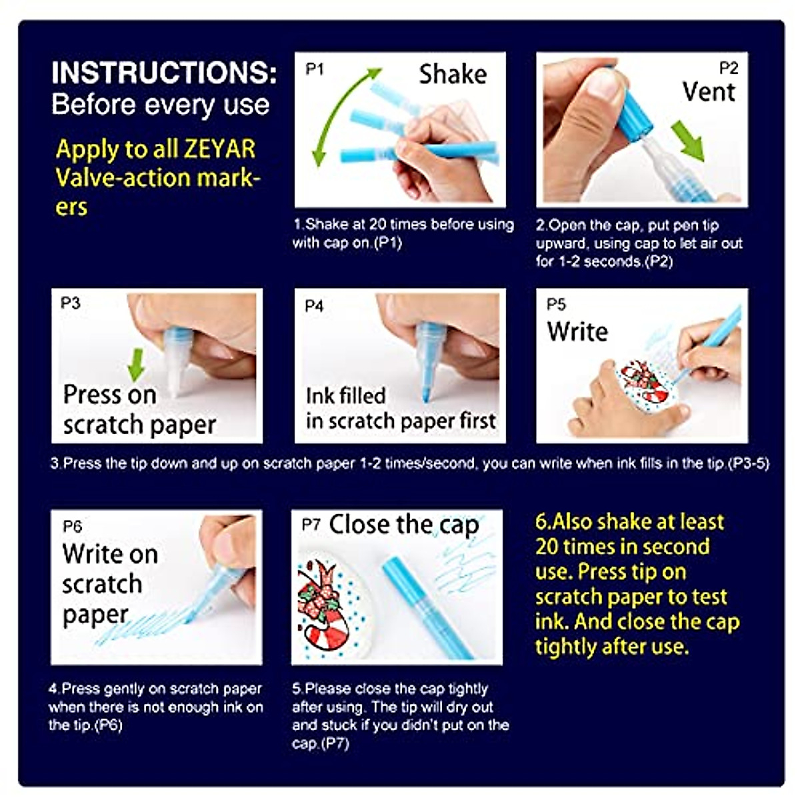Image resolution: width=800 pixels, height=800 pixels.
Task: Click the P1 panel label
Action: [314, 69]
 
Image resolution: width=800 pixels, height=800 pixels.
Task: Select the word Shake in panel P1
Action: [453, 75]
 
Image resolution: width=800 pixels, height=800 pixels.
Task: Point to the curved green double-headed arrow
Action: [340, 113]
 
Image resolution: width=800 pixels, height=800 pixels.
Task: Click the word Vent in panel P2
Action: [708, 92]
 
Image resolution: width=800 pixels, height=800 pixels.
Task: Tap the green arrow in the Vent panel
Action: [688, 140]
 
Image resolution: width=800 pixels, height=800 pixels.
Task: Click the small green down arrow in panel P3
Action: [136, 365]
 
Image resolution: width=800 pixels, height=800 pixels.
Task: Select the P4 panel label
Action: [314, 306]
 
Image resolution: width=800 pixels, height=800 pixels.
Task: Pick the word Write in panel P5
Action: [577, 331]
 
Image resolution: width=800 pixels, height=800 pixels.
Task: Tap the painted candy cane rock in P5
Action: [644, 383]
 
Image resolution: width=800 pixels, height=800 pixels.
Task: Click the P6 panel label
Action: [72, 527]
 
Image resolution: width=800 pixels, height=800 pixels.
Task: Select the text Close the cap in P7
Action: [403, 525]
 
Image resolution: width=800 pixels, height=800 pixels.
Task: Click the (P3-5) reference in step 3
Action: [749, 463]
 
